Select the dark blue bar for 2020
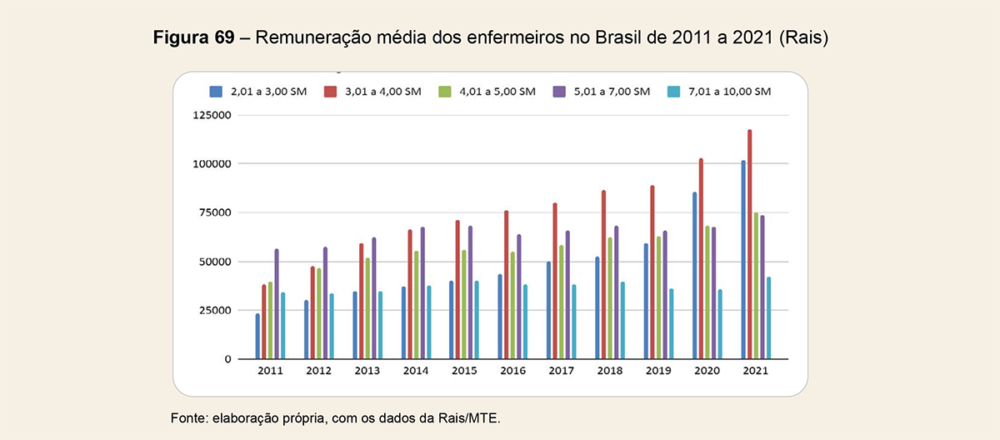tap(694, 276)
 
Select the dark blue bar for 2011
tap(257, 336)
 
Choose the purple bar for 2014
tap(422, 292)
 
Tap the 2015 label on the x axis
tap(464, 370)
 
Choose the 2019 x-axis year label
tap(658, 370)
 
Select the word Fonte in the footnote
tap(188, 417)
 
